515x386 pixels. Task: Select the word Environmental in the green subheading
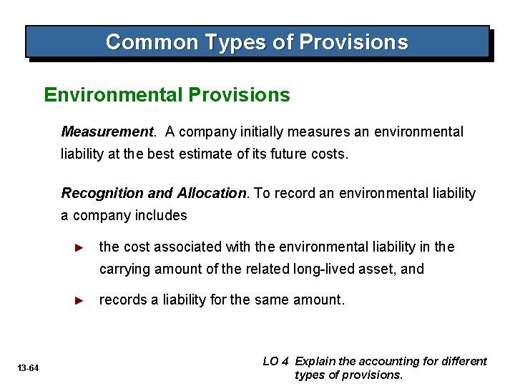point(114,95)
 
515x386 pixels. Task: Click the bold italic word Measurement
point(107,132)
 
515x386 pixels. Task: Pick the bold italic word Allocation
point(211,193)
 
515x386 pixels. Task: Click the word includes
point(162,215)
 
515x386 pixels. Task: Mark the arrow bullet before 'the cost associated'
point(80,247)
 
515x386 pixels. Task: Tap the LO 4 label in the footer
point(277,362)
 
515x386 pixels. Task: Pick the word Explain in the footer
point(315,362)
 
